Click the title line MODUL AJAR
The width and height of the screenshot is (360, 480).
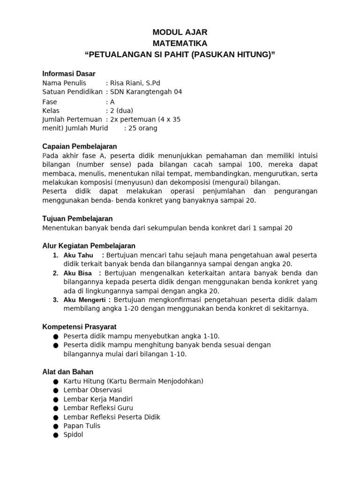tap(180, 32)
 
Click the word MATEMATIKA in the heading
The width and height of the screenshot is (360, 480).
tap(180, 44)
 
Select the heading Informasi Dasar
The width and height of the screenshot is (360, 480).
tap(68, 74)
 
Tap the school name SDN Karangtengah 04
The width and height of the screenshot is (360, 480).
tap(146, 92)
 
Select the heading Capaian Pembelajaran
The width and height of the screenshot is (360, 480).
tap(80, 146)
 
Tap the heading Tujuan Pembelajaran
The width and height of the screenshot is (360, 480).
tap(77, 219)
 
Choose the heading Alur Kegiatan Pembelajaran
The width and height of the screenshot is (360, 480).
tap(89, 246)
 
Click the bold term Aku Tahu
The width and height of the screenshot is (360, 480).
tap(78, 255)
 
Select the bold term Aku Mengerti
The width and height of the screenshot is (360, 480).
tap(85, 300)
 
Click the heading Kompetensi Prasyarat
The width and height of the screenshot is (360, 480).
tap(79, 327)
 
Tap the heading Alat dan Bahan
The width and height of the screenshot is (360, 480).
tap(67, 372)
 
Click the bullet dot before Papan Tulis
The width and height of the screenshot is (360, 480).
tap(55, 426)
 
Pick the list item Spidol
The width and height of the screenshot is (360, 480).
tap(73, 435)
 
